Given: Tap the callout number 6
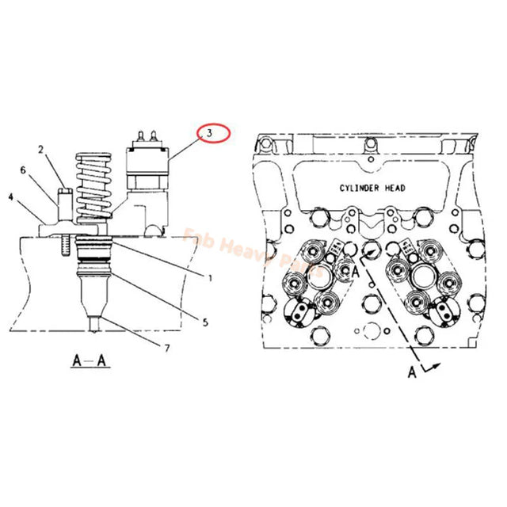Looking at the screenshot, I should click(23, 170).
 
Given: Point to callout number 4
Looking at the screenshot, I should click(10, 196).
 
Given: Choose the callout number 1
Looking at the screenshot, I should click(209, 277).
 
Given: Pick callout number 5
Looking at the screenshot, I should click(204, 322).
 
